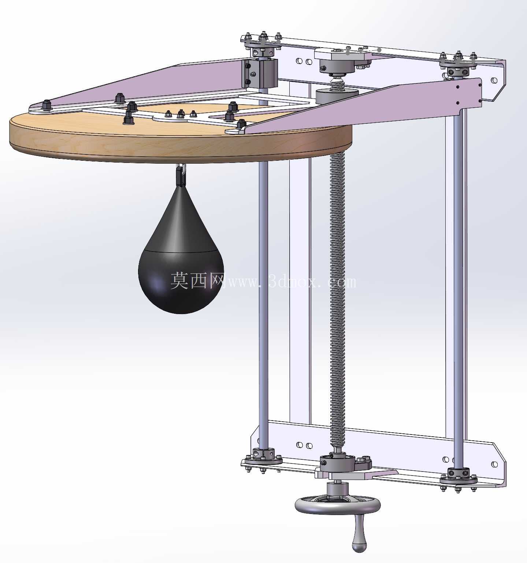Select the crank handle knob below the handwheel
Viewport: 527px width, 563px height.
(x=359, y=538)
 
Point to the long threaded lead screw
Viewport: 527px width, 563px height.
(x=337, y=300)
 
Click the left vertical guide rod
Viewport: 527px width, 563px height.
(x=263, y=304)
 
